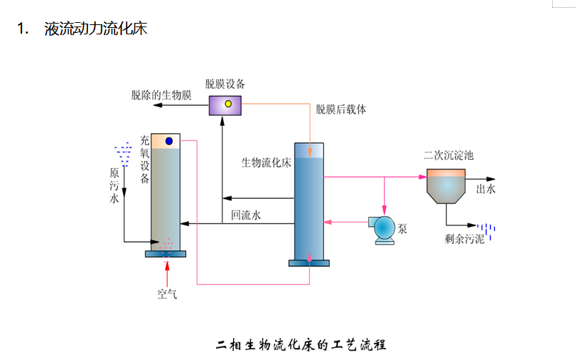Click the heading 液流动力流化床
tap(95, 29)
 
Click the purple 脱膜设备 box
tap(225, 105)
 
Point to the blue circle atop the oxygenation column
tap(169, 141)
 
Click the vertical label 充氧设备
tap(144, 159)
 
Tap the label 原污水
tap(114, 185)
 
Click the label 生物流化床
tap(265, 162)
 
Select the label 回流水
tap(246, 213)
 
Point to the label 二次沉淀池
tap(449, 155)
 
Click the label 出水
tap(486, 190)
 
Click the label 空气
tap(167, 293)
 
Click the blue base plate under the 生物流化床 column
tap(309, 263)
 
